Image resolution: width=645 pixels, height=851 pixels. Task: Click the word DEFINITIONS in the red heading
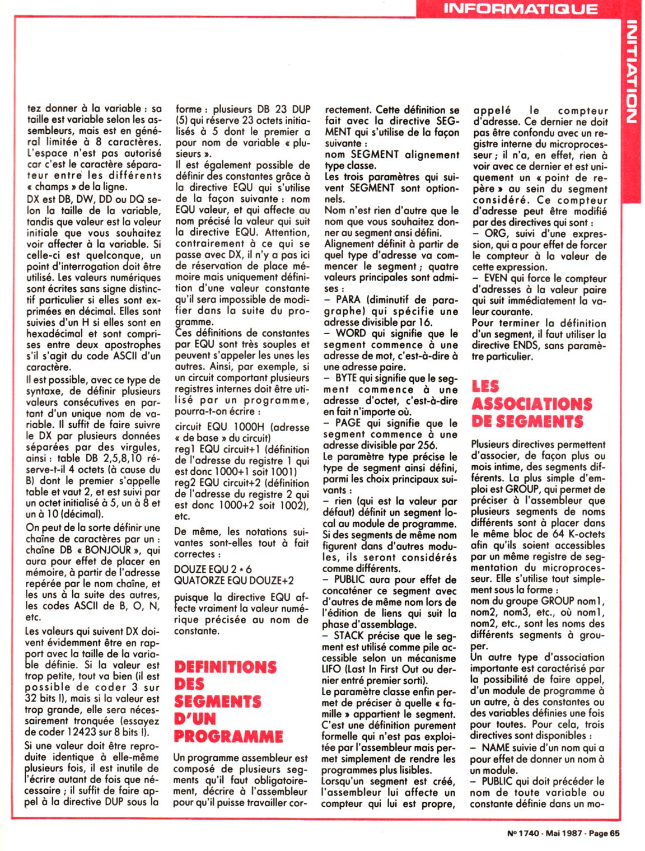[226, 667]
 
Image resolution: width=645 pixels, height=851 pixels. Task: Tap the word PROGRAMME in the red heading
[228, 736]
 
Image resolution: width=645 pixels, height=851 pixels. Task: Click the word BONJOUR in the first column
[111, 550]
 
